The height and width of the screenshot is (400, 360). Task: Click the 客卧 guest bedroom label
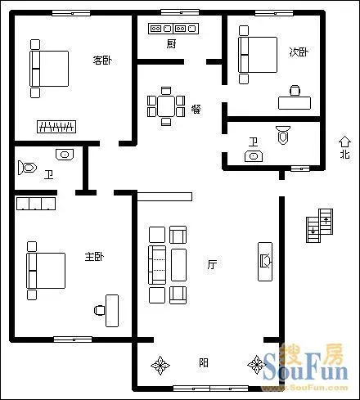pyautogui.click(x=102, y=60)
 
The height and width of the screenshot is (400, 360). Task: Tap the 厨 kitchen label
pyautogui.click(x=171, y=43)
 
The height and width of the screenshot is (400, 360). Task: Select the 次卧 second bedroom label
pyautogui.click(x=299, y=52)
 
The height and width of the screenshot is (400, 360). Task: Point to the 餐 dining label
pyautogui.click(x=196, y=110)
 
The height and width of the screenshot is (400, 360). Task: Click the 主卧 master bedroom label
pyautogui.click(x=94, y=256)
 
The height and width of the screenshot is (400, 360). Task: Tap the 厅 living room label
pyautogui.click(x=212, y=264)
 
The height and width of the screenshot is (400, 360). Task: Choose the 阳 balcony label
pyautogui.click(x=204, y=363)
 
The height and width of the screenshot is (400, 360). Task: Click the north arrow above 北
pyautogui.click(x=344, y=142)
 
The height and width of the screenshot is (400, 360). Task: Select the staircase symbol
pyautogui.click(x=319, y=226)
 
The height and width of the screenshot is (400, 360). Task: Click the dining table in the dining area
pyautogui.click(x=166, y=106)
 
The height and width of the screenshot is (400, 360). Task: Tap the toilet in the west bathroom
pyautogui.click(x=27, y=168)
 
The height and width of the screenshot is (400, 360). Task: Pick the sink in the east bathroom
pyautogui.click(x=254, y=156)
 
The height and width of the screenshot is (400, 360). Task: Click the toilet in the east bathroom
pyautogui.click(x=283, y=135)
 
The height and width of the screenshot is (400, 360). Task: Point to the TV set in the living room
pyautogui.click(x=265, y=261)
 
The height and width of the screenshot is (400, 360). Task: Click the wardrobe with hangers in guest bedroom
pyautogui.click(x=56, y=127)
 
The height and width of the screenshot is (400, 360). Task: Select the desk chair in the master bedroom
pyautogui.click(x=99, y=310)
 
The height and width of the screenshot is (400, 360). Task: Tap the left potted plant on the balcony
pyautogui.click(x=160, y=365)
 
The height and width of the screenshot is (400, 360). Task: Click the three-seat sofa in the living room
pyautogui.click(x=157, y=265)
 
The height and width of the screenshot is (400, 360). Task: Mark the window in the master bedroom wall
pyautogui.click(x=73, y=339)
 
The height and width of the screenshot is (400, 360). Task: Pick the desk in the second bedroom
pyautogui.click(x=295, y=103)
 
